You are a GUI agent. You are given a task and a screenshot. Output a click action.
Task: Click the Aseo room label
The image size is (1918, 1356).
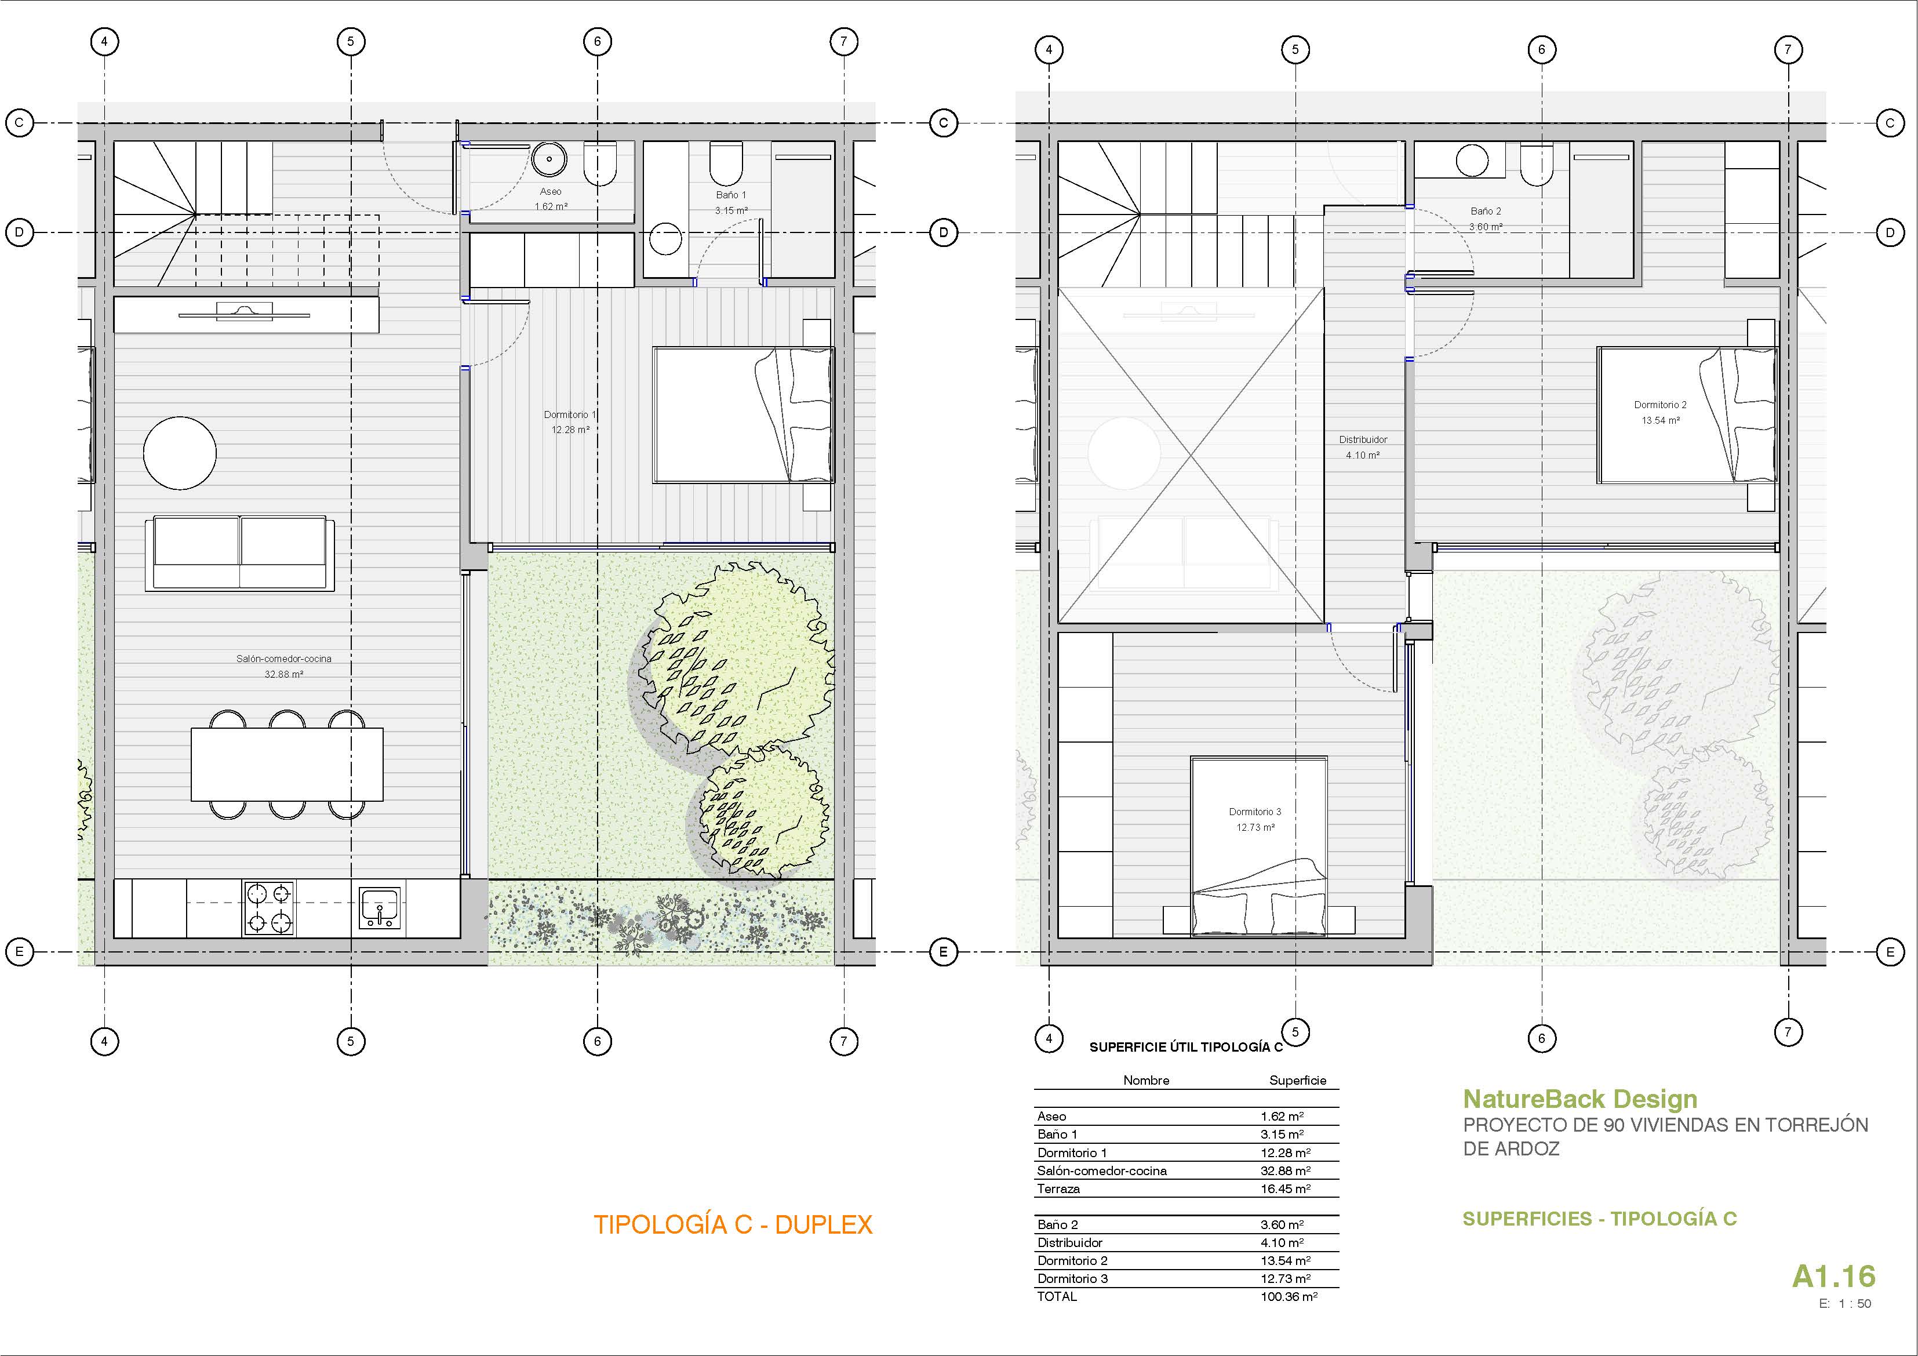pos(551,192)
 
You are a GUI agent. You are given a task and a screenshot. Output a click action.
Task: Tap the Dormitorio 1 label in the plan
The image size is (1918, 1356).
pos(570,415)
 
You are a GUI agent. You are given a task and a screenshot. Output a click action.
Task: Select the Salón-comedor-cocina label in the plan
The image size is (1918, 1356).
pos(284,659)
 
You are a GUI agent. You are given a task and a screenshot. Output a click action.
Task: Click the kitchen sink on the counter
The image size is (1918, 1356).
pos(380,907)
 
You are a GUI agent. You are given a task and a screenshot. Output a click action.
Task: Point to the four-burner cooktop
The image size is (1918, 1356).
pos(269,907)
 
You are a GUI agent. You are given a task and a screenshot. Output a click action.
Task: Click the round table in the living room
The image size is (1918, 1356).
pos(180,453)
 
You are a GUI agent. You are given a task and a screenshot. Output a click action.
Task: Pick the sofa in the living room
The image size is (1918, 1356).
pos(240,554)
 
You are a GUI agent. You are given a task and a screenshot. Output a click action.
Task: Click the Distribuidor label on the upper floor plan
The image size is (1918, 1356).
pos(1363,439)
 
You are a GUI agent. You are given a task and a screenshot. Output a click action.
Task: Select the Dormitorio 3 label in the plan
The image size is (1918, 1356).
pos(1255,811)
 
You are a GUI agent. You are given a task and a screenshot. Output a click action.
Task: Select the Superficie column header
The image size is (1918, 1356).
pos(1297,1080)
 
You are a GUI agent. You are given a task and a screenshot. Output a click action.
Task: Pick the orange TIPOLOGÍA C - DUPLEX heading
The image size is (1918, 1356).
pos(733,1225)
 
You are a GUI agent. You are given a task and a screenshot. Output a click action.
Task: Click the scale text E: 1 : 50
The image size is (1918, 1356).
pos(1846,1303)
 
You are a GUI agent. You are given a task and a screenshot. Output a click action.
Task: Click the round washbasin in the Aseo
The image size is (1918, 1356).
pos(549,159)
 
